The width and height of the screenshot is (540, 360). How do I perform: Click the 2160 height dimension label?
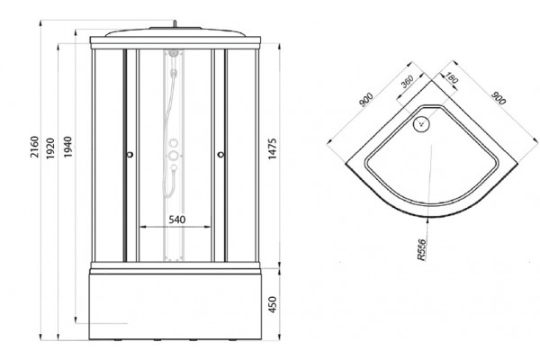(35, 147)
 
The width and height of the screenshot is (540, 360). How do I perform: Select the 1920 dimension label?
(51, 148)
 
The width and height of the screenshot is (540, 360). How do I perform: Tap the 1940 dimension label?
(67, 147)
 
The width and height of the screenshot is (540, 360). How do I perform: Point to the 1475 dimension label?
(273, 148)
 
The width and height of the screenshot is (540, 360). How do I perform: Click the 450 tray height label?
(273, 304)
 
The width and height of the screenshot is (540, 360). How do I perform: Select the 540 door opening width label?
(177, 220)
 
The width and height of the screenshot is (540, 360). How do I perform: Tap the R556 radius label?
(421, 249)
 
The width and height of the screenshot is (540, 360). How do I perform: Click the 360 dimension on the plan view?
(407, 82)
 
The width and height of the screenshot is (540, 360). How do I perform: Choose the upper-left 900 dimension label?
(366, 100)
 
